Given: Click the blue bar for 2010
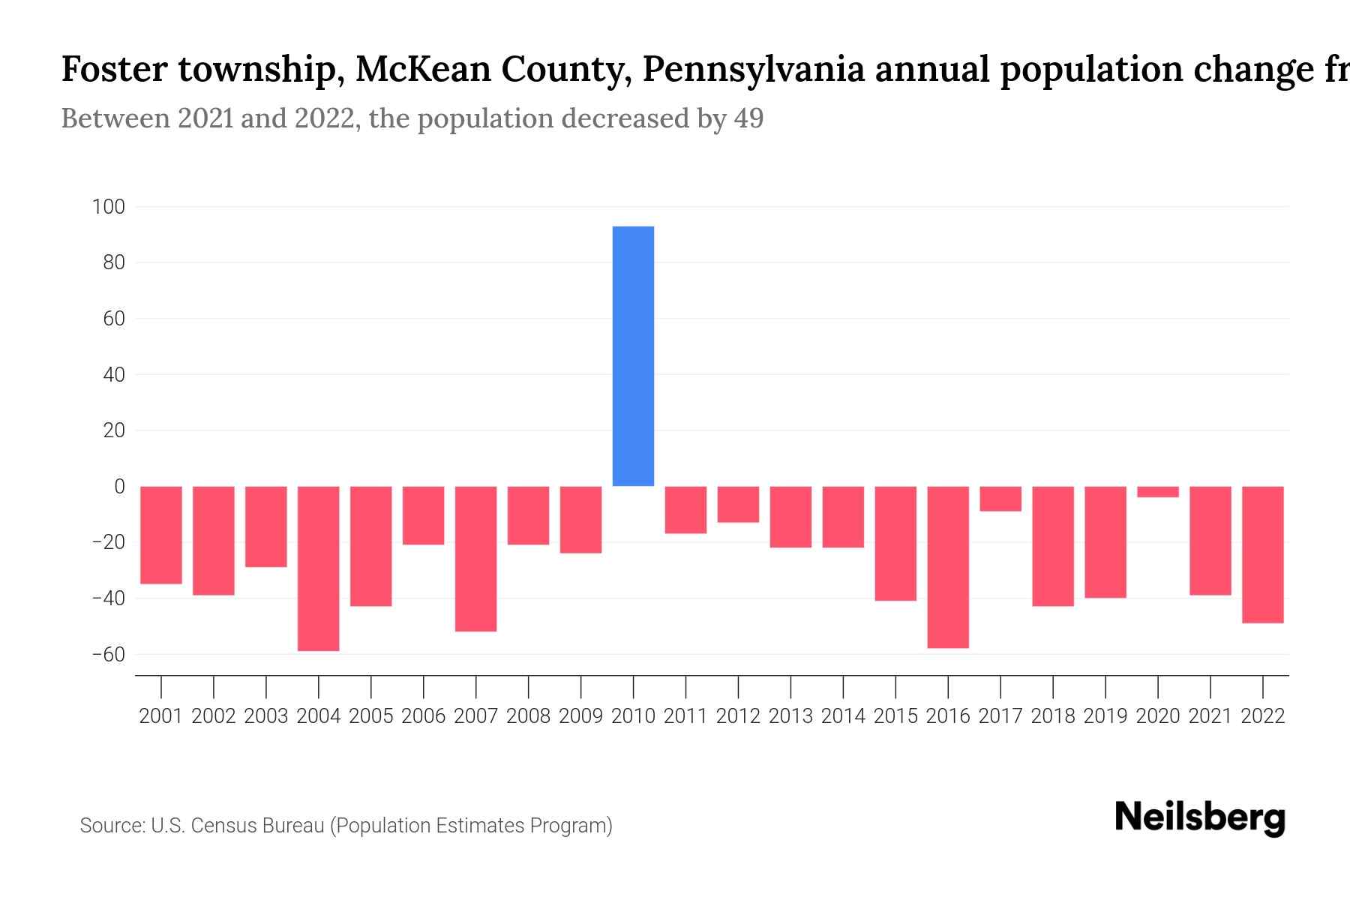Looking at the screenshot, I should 633,356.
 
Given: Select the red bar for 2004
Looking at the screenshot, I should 318,568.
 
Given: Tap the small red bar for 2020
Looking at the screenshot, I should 1157,492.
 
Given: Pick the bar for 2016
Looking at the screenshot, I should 948,566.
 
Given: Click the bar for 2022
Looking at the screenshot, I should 1262,554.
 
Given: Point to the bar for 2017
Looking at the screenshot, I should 1000,499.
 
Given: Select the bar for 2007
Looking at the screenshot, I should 475,559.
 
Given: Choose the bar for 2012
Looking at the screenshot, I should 738,504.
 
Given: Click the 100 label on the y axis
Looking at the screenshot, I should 108,206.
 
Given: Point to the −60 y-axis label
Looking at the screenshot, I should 108,654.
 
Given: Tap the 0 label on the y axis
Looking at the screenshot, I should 119,486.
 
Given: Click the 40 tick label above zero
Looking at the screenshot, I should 113,374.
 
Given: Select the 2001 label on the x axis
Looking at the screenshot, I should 161,716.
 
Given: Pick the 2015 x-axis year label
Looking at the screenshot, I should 895,716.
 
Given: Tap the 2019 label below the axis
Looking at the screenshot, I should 1105,716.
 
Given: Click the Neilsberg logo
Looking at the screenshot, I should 1200,817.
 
